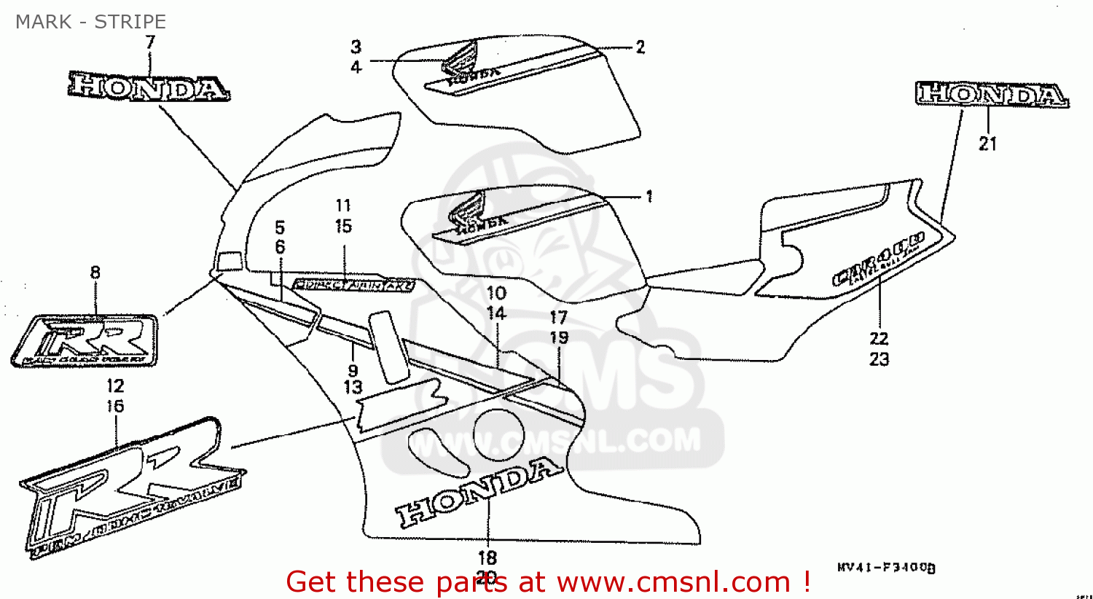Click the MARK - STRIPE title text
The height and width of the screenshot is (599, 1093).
(x=90, y=22)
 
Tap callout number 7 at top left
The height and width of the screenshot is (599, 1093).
(x=150, y=42)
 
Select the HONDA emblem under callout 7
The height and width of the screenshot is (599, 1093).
(x=149, y=87)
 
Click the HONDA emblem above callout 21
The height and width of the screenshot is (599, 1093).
(x=991, y=95)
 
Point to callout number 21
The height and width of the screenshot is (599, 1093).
(x=987, y=144)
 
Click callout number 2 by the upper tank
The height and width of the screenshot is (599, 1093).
(x=640, y=47)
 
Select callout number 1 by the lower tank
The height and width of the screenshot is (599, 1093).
(x=649, y=196)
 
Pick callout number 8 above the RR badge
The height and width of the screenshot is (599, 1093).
(x=95, y=273)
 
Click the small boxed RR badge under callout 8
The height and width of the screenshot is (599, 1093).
(x=86, y=340)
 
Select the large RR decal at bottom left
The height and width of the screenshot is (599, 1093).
(x=131, y=488)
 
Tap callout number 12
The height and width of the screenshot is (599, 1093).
(x=115, y=386)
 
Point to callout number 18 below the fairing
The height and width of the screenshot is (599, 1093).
(x=487, y=557)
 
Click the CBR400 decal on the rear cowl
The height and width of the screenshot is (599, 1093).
(x=878, y=259)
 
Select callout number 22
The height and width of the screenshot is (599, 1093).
(x=879, y=338)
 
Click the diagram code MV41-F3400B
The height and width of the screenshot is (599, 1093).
(x=886, y=567)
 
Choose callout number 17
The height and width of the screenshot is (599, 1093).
(x=559, y=317)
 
